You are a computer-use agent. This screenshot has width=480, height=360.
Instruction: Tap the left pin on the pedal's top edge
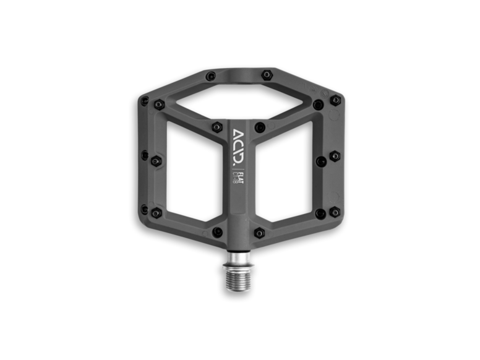pyautogui.click(x=211, y=76)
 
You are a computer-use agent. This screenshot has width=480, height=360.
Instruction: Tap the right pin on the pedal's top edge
pyautogui.click(x=267, y=75)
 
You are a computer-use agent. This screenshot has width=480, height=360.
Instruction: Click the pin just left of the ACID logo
pyautogui.click(x=217, y=127)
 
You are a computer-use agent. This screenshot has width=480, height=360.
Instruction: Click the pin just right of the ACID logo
pyautogui.click(x=260, y=127)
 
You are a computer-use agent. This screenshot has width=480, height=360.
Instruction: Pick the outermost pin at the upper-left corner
pyautogui.click(x=145, y=100)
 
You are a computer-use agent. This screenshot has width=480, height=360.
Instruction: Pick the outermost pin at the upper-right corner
pyautogui.click(x=335, y=100)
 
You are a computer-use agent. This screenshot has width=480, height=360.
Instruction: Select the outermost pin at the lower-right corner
pyautogui.click(x=335, y=212)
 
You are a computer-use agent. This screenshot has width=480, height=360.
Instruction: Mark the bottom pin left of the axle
pyautogui.click(x=218, y=232)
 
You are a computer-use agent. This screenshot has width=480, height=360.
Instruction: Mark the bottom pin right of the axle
pyautogui.click(x=260, y=233)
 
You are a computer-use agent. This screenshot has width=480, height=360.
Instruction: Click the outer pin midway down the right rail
pyautogui.click(x=335, y=156)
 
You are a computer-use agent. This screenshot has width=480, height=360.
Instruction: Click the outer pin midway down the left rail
pyautogui.click(x=145, y=155)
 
